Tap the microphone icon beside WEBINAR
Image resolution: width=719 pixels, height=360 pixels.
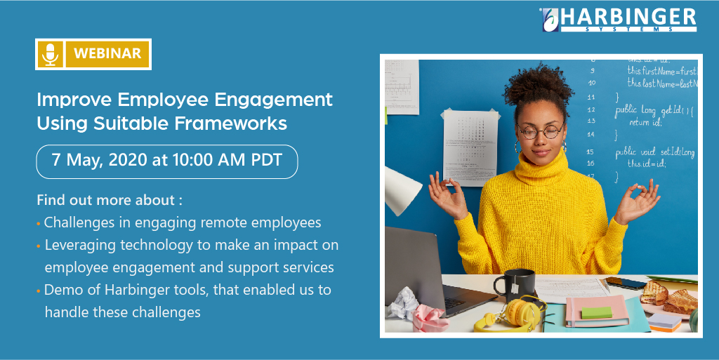50,54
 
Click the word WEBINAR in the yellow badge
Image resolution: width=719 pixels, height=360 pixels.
107,54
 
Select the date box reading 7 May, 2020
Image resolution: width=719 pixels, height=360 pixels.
167,160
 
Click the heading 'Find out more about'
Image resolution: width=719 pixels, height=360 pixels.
109,200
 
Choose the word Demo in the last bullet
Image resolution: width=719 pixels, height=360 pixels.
60,289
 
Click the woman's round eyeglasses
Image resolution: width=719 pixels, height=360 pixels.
541,131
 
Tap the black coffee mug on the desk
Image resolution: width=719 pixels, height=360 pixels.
505,284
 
